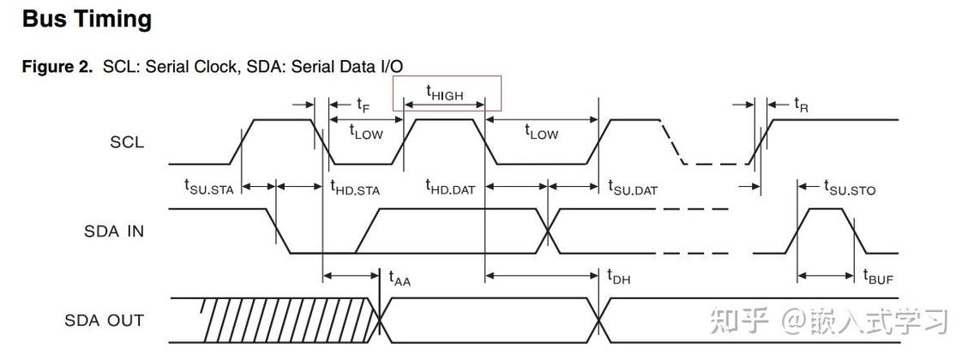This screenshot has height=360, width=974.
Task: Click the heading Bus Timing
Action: (x=87, y=20)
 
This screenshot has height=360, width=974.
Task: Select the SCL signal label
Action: (x=127, y=142)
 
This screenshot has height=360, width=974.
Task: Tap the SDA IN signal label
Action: (x=114, y=231)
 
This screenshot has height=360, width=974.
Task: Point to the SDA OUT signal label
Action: (x=105, y=321)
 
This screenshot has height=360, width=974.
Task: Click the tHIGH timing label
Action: (x=445, y=93)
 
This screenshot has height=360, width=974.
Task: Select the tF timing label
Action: (x=364, y=105)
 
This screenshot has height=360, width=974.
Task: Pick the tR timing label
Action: (x=802, y=105)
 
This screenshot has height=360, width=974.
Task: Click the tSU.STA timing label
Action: (x=209, y=186)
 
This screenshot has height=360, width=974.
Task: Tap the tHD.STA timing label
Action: (x=355, y=186)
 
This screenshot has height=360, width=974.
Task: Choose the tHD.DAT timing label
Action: (x=450, y=186)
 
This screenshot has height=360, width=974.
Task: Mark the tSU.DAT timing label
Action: (x=633, y=186)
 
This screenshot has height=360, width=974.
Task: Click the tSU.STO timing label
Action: (x=850, y=186)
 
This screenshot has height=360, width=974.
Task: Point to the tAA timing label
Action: (x=400, y=278)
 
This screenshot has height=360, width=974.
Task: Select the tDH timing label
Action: (x=619, y=278)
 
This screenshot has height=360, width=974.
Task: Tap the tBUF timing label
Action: (x=878, y=278)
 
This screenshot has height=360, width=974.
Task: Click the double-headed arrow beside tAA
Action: (x=352, y=276)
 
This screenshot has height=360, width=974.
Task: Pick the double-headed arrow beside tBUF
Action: (x=826, y=276)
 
